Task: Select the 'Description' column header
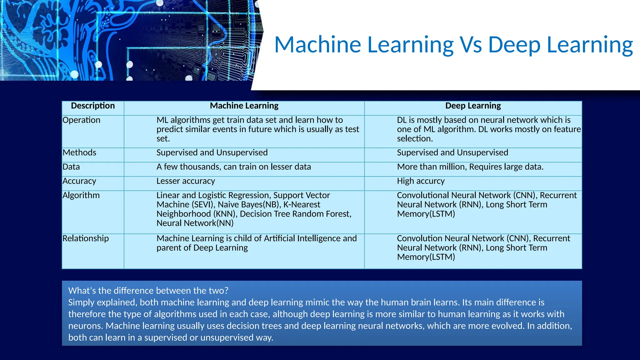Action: pyautogui.click(x=93, y=106)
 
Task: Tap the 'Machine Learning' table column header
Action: pyautogui.click(x=244, y=106)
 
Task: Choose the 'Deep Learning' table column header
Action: pyautogui.click(x=473, y=106)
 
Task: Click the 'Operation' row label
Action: pyautogui.click(x=81, y=120)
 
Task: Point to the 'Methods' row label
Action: pyautogui.click(x=79, y=152)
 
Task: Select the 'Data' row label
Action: pyautogui.click(x=71, y=167)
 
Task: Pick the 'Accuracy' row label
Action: pyautogui.click(x=79, y=181)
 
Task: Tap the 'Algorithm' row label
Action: pyautogui.click(x=81, y=195)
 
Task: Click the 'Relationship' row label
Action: pyautogui.click(x=86, y=238)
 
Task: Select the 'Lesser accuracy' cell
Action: pyautogui.click(x=186, y=181)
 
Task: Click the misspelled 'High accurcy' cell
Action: pyautogui.click(x=421, y=181)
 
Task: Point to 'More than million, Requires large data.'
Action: pyautogui.click(x=470, y=167)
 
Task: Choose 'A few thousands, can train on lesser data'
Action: pyautogui.click(x=233, y=167)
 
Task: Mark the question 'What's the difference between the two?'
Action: pyautogui.click(x=148, y=291)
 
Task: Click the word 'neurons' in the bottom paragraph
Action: pyautogui.click(x=85, y=326)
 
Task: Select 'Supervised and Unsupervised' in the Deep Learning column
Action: pyautogui.click(x=452, y=152)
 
